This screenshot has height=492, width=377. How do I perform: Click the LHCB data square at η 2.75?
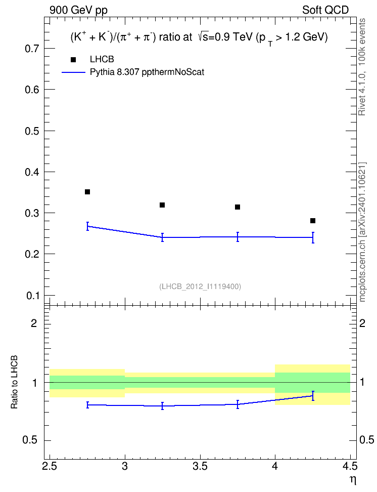coord(87,192)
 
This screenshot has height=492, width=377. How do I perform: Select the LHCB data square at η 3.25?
coord(162,205)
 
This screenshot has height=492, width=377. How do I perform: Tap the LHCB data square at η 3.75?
coord(238,207)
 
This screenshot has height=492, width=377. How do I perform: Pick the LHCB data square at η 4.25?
coord(313,221)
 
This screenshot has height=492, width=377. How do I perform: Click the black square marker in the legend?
coord(73,60)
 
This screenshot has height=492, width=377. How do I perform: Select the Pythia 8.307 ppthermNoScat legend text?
coord(147,72)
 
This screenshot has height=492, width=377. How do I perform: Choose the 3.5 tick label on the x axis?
coord(200,466)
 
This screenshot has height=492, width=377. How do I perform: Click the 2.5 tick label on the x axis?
coord(50,466)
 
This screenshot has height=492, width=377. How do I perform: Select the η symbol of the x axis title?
coord(353,480)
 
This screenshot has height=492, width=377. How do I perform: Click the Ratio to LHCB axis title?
coord(14,382)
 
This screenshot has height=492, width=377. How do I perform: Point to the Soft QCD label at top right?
coord(325,10)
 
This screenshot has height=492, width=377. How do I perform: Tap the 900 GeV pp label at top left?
coord(79,10)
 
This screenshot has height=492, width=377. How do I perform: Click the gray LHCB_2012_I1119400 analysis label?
coord(200,286)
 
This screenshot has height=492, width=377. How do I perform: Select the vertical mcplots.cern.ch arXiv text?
coord(362,232)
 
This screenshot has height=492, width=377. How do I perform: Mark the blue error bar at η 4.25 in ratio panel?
coord(313,396)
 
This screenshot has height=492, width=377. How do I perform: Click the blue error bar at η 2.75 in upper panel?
coord(87,226)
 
